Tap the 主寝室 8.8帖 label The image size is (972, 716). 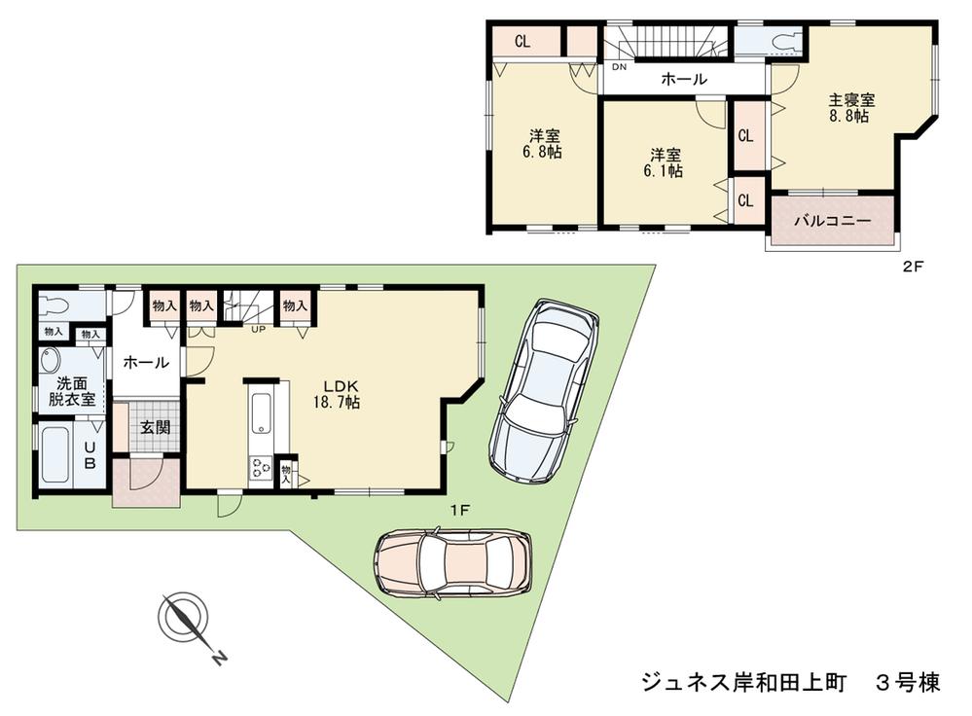click(x=850, y=107)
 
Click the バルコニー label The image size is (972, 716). click(x=832, y=221)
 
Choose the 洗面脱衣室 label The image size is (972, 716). click(x=73, y=391)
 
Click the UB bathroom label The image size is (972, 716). click(x=89, y=454)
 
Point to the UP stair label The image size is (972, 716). click(x=258, y=329)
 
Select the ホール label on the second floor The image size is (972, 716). click(x=683, y=80)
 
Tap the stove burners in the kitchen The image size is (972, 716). click(x=262, y=470)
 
